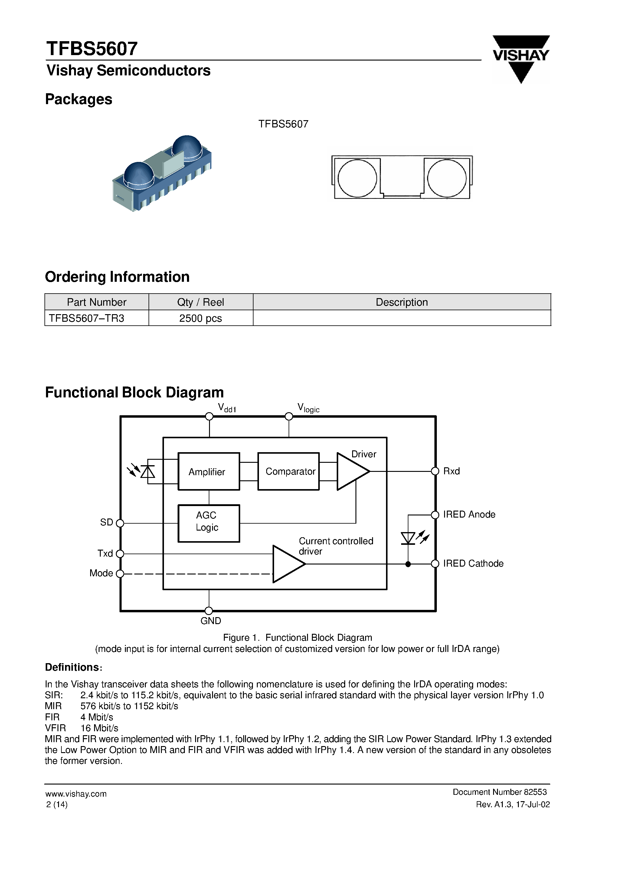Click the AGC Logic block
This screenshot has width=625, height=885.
coord(208,523)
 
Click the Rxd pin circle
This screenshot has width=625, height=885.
coord(435,471)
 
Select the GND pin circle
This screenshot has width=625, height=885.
coord(209,610)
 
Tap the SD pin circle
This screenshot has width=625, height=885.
coord(120,523)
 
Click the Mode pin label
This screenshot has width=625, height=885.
coord(101,573)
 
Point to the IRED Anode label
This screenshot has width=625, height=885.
coord(469,515)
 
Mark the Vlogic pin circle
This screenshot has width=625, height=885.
coord(289,416)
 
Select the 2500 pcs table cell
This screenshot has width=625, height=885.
coord(200,318)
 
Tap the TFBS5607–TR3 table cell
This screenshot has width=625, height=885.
coord(87,318)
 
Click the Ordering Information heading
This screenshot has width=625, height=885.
coord(117,277)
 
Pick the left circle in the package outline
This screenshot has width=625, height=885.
coord(357,178)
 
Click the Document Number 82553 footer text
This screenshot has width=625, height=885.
coord(499,792)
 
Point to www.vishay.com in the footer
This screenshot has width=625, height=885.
coord(76,794)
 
